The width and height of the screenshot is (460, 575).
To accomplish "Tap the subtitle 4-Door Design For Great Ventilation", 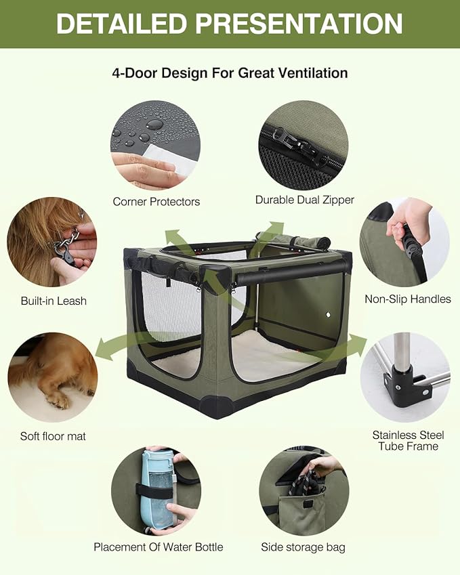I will [230, 72].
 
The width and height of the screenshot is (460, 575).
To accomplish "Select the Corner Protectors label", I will [156, 201].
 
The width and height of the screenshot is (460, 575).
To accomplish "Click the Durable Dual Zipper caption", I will [304, 200].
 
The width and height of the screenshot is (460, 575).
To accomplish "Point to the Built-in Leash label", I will [54, 301].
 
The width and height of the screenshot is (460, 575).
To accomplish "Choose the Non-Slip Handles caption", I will [407, 299].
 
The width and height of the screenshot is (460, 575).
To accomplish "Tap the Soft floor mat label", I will [53, 436].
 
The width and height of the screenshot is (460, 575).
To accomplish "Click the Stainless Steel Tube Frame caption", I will [405, 440].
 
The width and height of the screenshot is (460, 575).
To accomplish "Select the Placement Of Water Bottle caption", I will [158, 547].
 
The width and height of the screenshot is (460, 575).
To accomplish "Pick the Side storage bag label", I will [303, 547].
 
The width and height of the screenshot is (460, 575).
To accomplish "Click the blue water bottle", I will [155, 488].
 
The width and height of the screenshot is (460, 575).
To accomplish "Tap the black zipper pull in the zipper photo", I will [283, 140].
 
